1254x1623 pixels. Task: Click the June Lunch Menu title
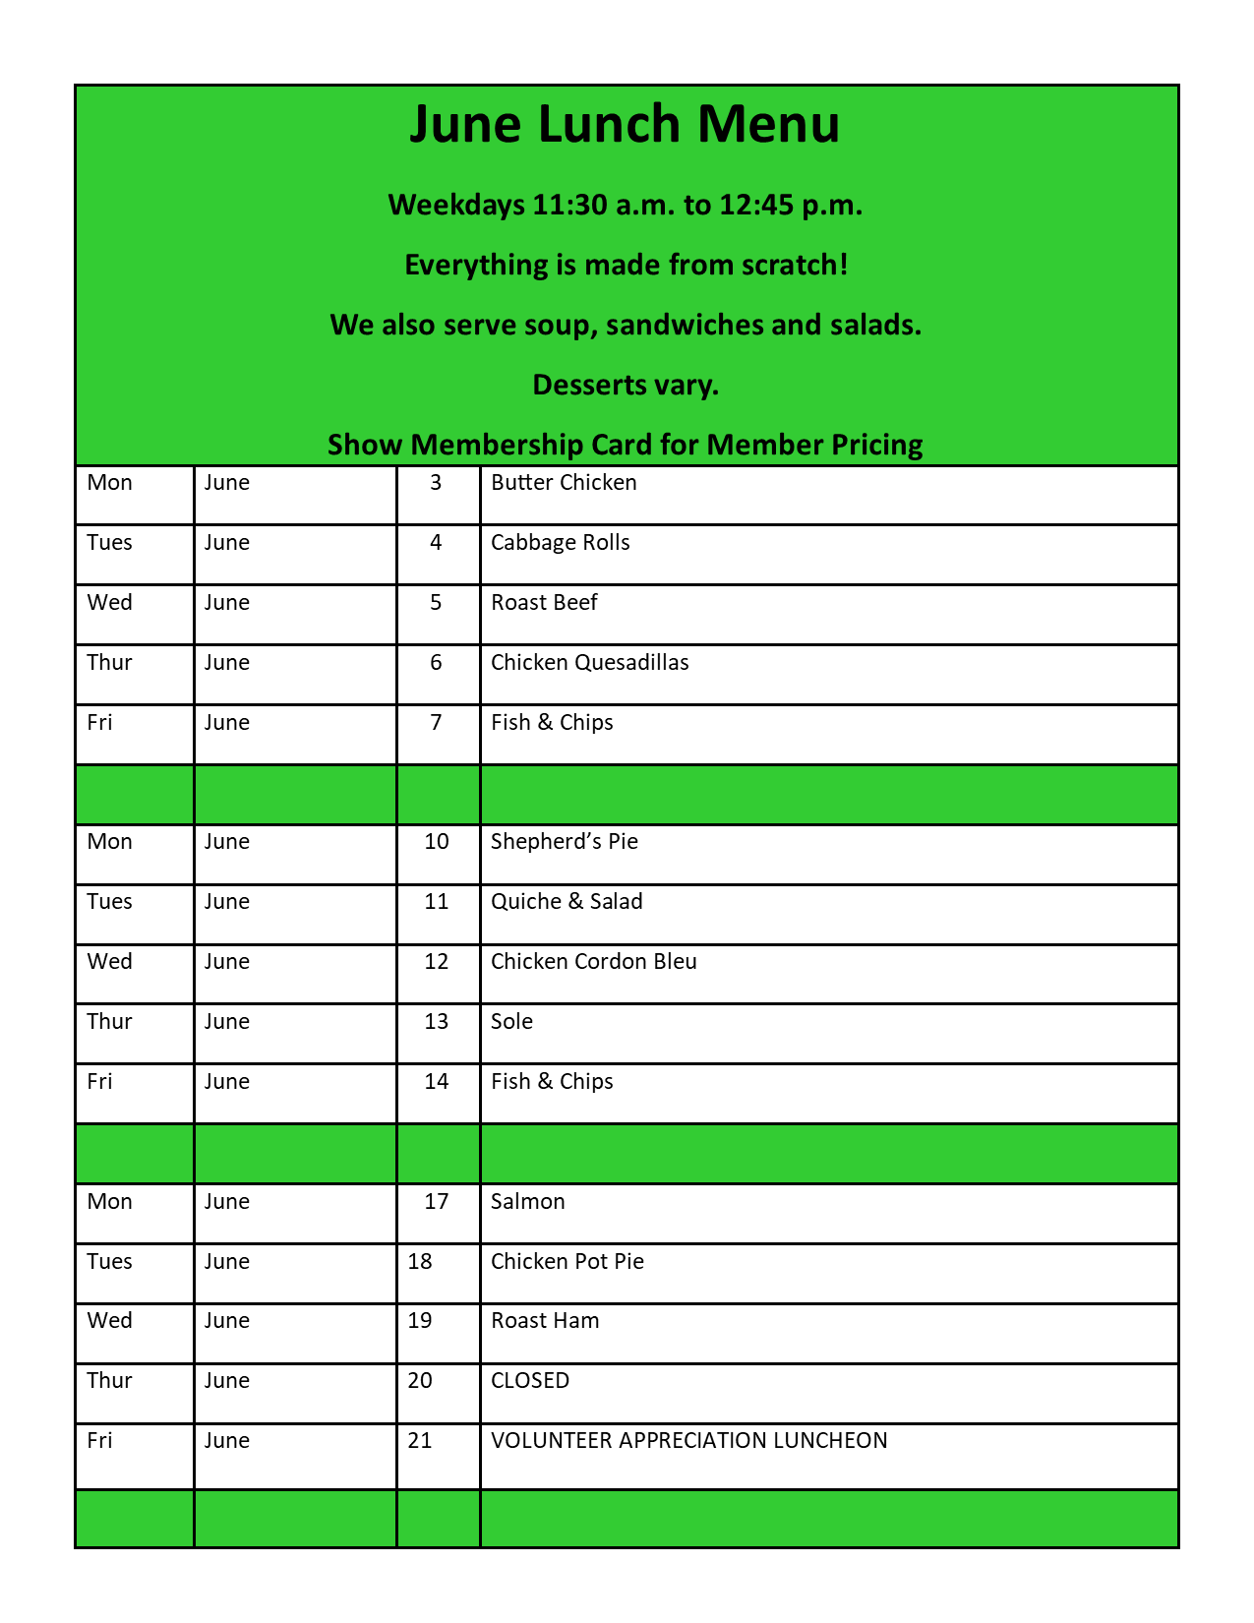[625, 125]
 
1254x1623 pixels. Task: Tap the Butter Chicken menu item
[564, 483]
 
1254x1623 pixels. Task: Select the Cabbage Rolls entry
[560, 543]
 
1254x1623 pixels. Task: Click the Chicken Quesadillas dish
[589, 663]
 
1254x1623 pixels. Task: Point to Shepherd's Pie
[564, 842]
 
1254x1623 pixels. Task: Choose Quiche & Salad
[567, 902]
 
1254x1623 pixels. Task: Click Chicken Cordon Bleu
[593, 962]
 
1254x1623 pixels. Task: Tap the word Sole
[511, 1022]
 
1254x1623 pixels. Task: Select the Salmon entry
[527, 1202]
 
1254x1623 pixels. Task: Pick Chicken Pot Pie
[567, 1262]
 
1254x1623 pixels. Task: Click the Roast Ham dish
[544, 1321]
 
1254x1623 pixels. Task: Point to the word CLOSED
[529, 1381]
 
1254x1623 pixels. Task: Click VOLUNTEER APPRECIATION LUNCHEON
[688, 1441]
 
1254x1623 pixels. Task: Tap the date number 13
[436, 1022]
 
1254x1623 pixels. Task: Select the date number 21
[419, 1441]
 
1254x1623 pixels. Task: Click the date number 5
[436, 603]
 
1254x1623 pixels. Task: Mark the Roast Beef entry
[543, 603]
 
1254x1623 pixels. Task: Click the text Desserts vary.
[626, 385]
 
